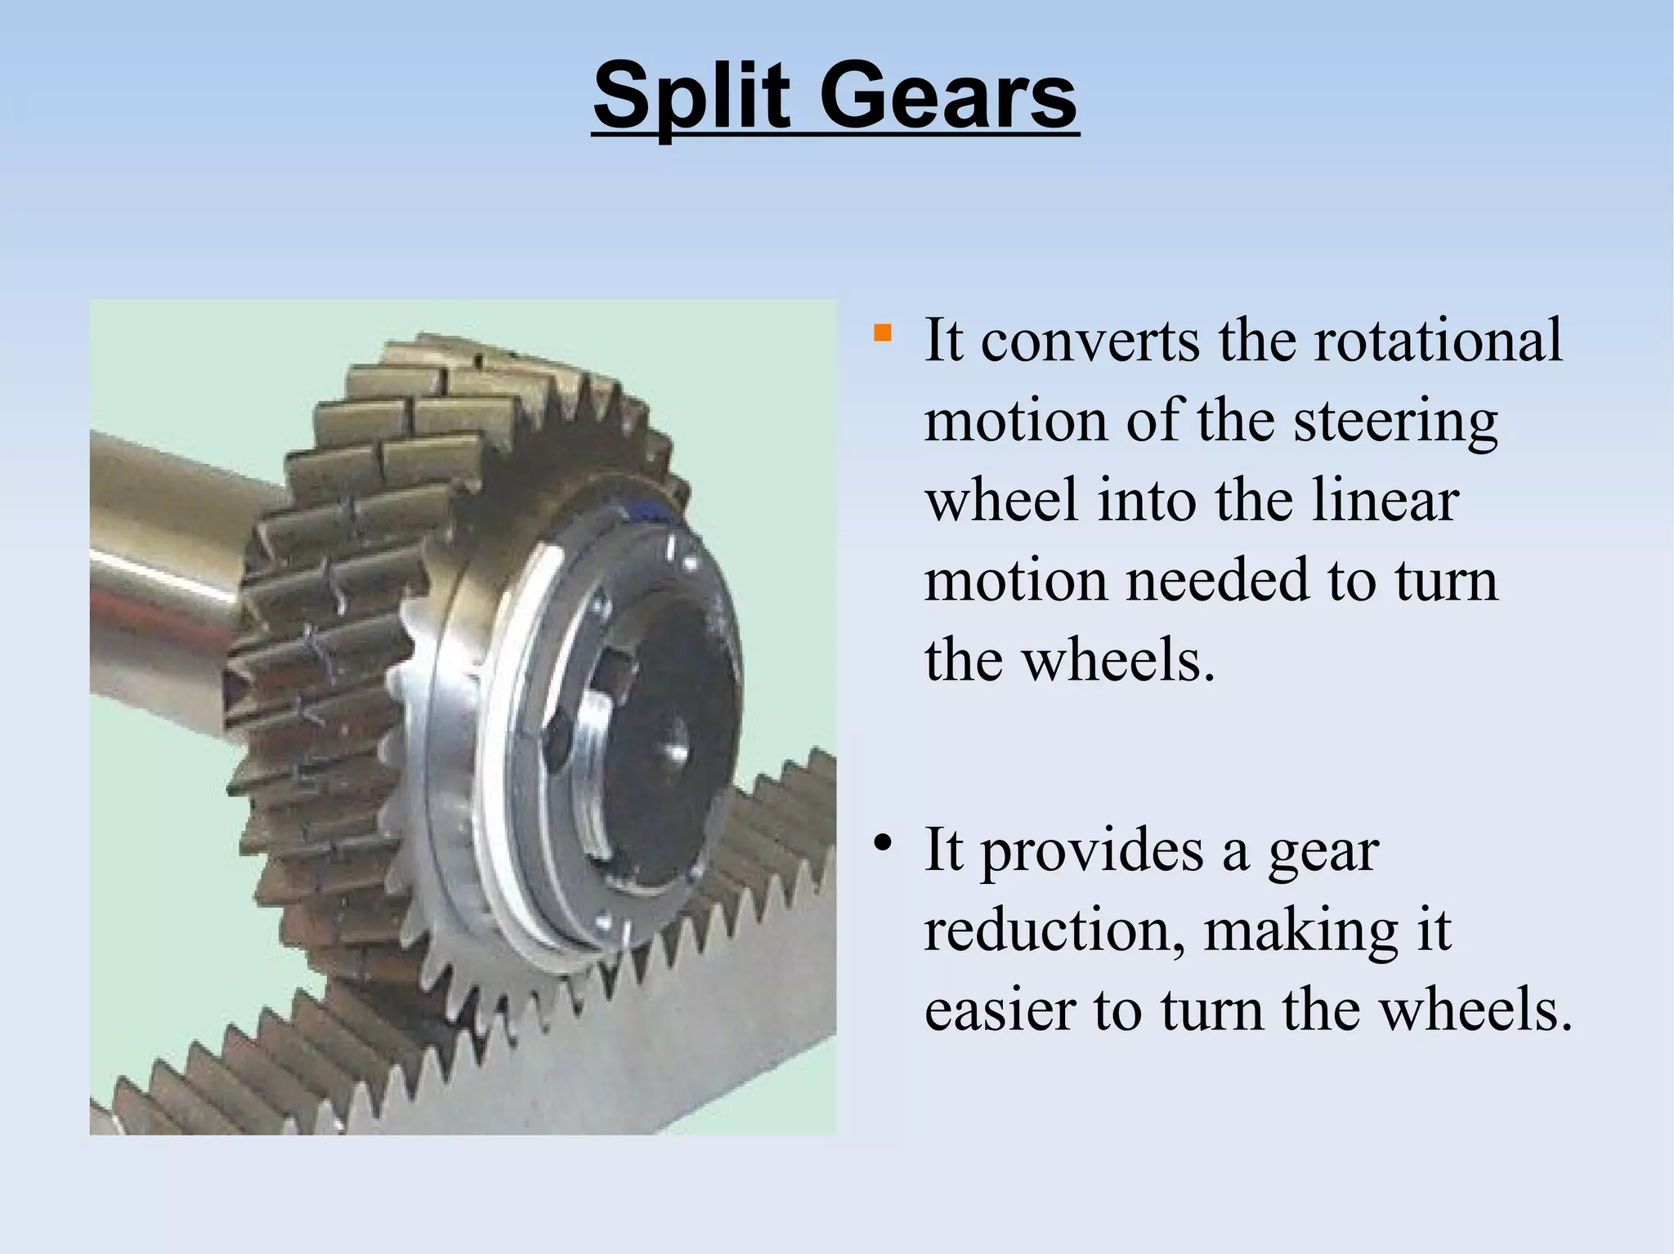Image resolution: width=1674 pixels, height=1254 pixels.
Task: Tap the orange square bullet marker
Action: click(x=882, y=333)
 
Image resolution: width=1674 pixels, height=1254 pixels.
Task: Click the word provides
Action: click(x=1092, y=851)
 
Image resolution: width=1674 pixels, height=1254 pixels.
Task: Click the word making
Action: click(x=1300, y=931)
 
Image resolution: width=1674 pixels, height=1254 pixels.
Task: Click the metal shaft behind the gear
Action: click(x=163, y=572)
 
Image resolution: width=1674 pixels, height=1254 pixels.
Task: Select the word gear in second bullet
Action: click(x=1323, y=853)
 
